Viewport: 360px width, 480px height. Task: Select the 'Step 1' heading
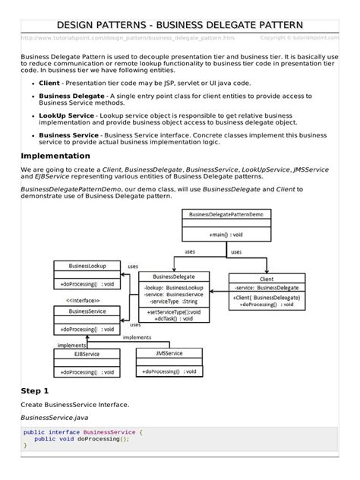point(36,390)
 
